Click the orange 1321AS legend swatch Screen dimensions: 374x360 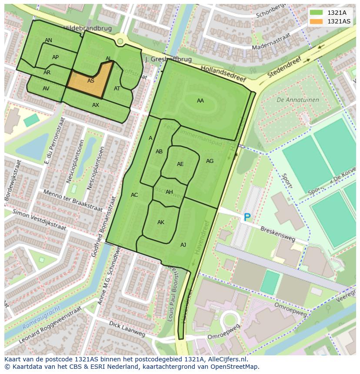tap(316, 21)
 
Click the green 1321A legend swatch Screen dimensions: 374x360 tap(316, 13)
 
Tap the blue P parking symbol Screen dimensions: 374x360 tap(247, 217)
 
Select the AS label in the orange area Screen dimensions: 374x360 tap(91, 81)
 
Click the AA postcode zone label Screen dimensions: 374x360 tap(200, 101)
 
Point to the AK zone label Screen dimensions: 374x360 tap(161, 222)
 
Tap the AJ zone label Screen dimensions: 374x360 tap(183, 245)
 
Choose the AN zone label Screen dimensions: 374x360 tap(48, 40)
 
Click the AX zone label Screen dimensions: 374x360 tap(96, 105)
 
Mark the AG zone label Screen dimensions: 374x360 tap(210, 161)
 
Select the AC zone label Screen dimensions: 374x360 tap(134, 195)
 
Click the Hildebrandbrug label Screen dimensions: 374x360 tap(87, 28)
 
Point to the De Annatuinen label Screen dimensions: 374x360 tap(298, 100)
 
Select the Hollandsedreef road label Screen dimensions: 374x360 tap(223, 74)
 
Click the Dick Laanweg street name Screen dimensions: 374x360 tap(127, 329)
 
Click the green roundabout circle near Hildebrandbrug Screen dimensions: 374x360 tap(120, 41)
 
